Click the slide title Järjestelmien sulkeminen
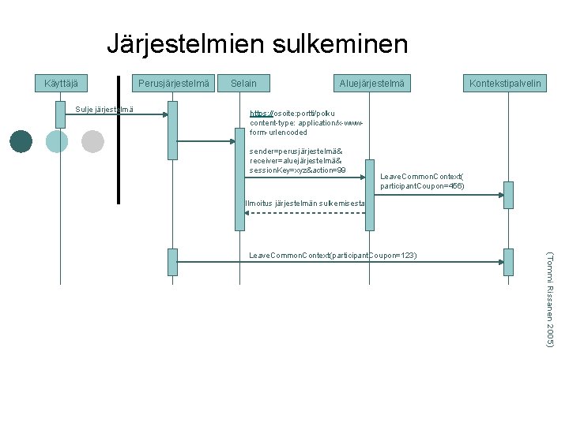click(x=257, y=44)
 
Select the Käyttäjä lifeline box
click(x=60, y=83)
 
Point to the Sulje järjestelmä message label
click(x=104, y=109)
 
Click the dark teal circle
click(x=21, y=141)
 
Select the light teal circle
click(x=57, y=141)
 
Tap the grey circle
click(x=92, y=141)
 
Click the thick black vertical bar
click(x=119, y=139)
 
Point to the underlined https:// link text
click(x=260, y=114)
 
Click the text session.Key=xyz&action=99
click(x=297, y=170)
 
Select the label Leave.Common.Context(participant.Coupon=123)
click(x=333, y=256)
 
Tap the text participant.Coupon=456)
click(x=422, y=186)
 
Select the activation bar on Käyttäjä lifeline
click(x=60, y=114)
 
